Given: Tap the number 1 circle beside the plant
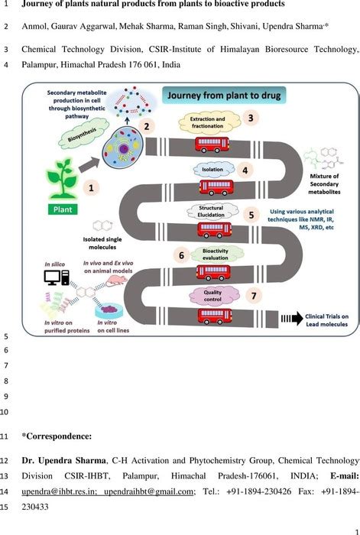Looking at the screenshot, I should click(x=92, y=186).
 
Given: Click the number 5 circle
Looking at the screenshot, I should click(x=251, y=215).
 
